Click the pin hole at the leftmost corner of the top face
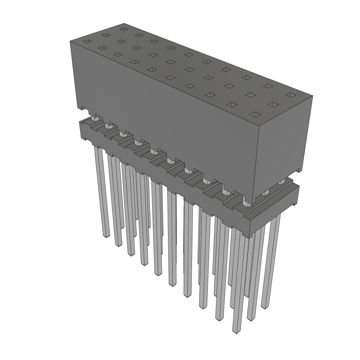(86, 42)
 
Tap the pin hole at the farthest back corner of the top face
(123, 29)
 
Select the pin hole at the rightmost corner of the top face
(290, 95)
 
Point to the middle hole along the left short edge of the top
(105, 35)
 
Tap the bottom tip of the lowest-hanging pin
(236, 332)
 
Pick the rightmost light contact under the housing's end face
(281, 182)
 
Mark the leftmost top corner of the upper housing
(70, 41)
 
